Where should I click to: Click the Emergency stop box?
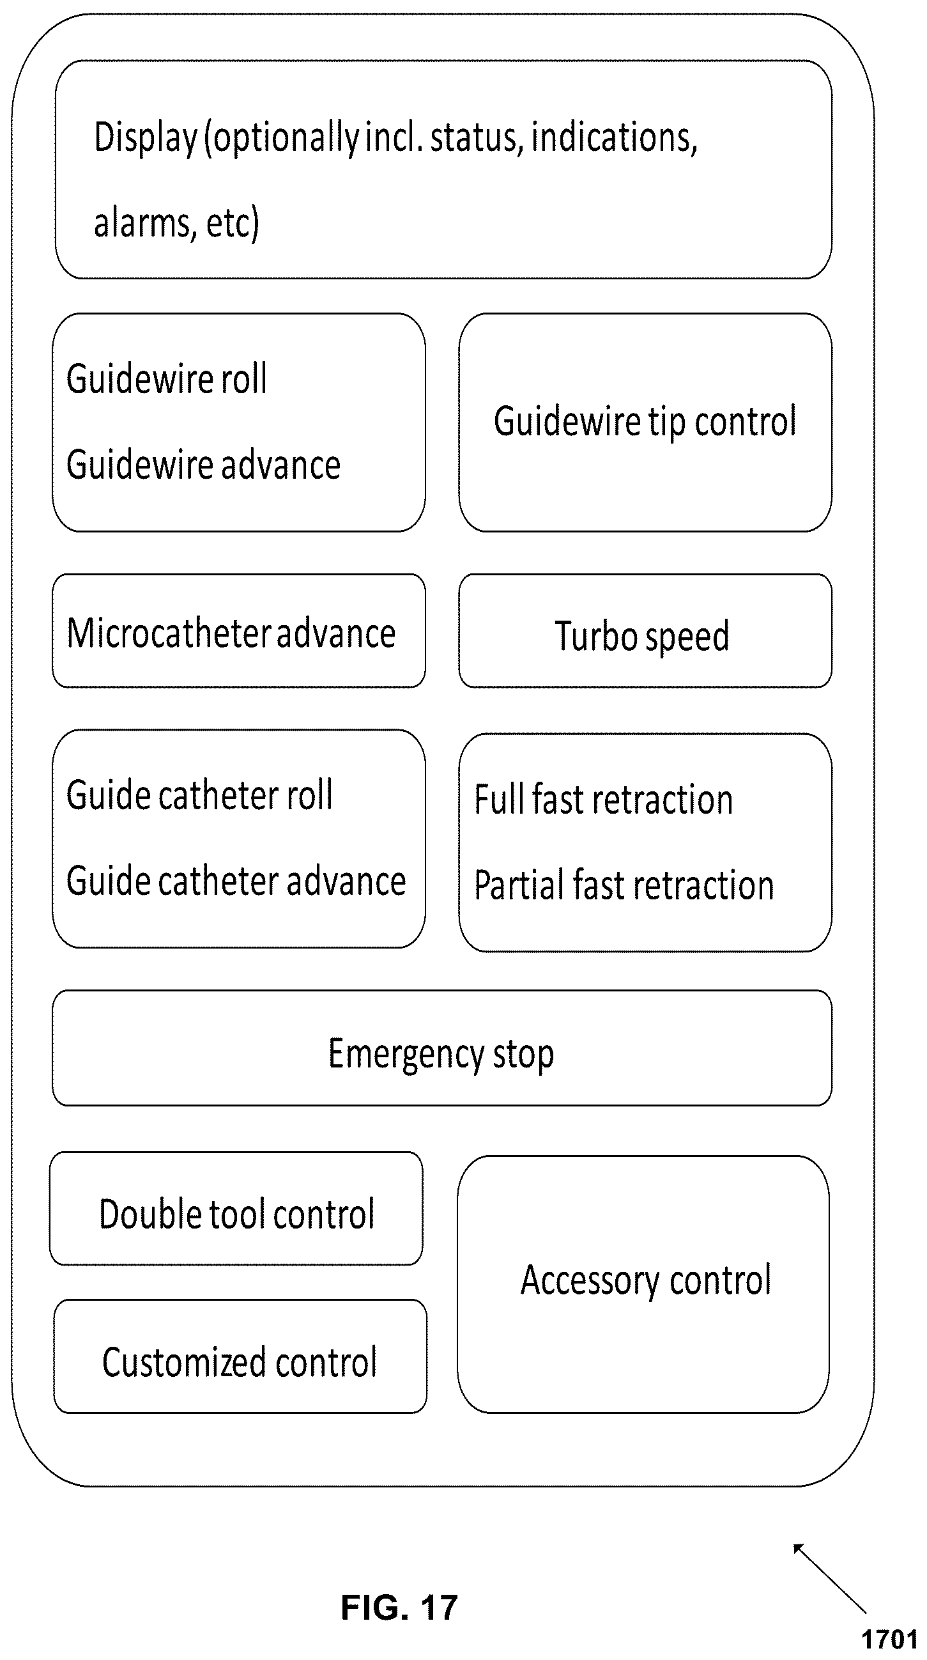[442, 1048]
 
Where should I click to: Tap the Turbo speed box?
[645, 631]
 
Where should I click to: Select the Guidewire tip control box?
[645, 423]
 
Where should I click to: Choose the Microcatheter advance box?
[239, 631]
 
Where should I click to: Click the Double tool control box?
[236, 1209]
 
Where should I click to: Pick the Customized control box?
[240, 1356]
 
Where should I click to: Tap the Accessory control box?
[643, 1284]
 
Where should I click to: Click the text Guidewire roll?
[167, 378]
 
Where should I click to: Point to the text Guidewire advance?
[204, 465]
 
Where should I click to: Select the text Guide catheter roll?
[200, 795]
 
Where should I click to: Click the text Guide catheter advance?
[236, 881]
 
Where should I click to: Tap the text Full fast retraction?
[604, 799]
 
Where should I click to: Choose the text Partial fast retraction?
[624, 885]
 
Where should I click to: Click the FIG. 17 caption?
[399, 1608]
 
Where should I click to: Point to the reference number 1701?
[890, 1639]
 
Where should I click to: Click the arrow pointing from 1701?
[830, 1579]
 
